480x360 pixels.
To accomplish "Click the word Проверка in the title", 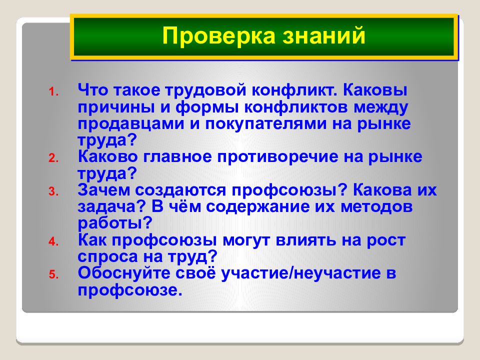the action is (219, 36).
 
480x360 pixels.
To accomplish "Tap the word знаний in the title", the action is (324, 36).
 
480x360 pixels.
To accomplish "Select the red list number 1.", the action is (53, 91).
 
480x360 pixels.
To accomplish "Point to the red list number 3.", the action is (53, 191).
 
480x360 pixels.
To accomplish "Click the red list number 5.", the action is (53, 274).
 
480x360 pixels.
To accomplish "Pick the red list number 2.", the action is (53, 158).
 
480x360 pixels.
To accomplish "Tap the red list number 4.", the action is (53, 241).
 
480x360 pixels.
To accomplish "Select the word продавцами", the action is (131, 124).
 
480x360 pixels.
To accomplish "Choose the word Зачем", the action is (104, 190).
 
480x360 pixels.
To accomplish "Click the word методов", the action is (376, 207).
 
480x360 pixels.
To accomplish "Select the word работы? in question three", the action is (115, 223).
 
